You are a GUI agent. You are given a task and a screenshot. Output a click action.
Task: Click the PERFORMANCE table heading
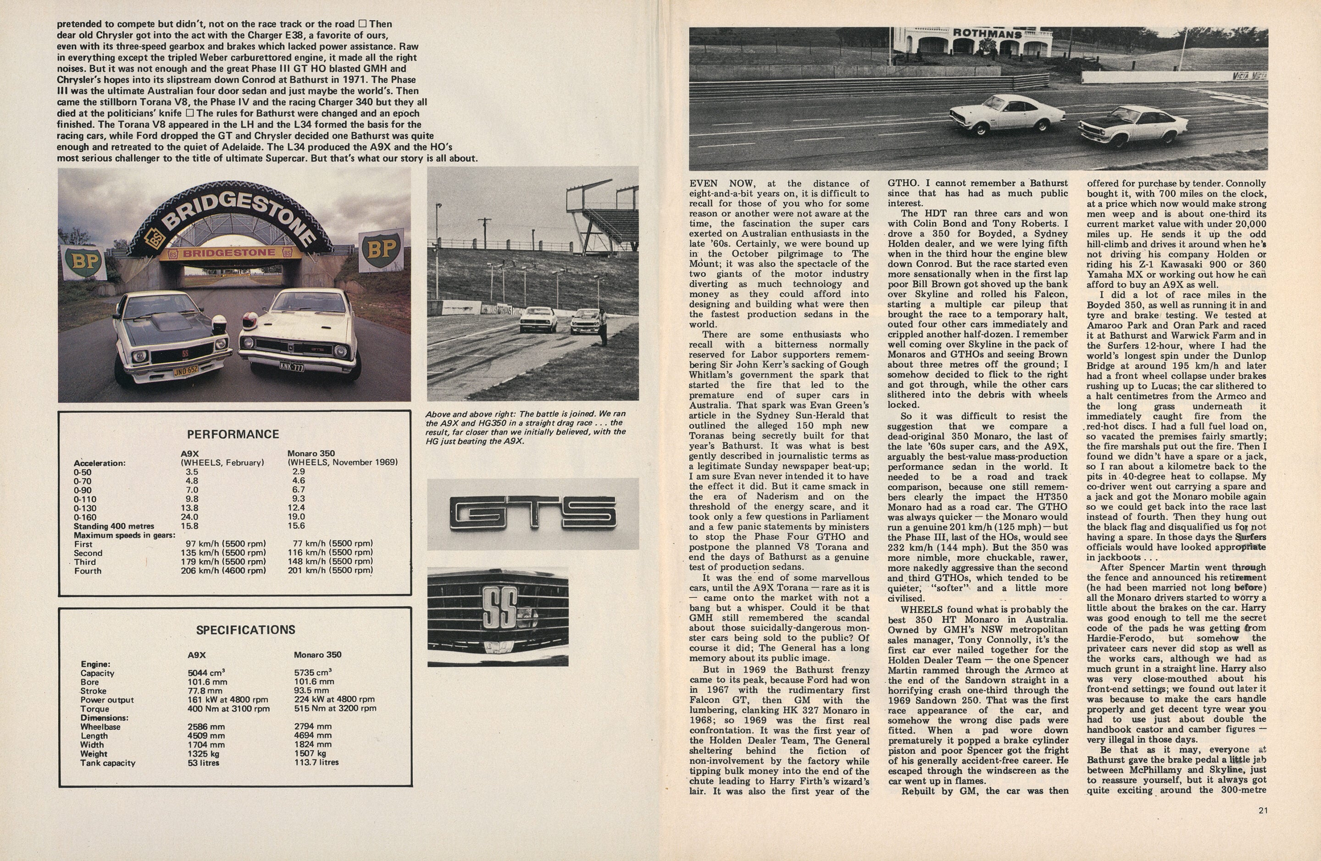click(233, 434)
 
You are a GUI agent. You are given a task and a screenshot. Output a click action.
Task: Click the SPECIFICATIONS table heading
click(245, 629)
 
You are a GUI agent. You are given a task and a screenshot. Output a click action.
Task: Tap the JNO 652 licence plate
click(185, 370)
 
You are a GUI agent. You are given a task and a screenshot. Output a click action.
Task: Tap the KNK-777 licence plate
click(291, 367)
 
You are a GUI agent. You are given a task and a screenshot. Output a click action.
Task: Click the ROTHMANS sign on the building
click(987, 33)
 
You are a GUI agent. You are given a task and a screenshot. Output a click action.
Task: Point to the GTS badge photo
click(532, 513)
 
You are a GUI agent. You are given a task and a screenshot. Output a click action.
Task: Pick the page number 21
click(1263, 811)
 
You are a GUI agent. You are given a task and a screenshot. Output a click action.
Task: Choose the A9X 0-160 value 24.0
click(189, 517)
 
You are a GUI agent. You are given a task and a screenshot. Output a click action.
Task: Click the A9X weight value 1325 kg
click(203, 753)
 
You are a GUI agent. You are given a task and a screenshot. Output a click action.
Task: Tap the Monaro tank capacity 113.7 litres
click(316, 762)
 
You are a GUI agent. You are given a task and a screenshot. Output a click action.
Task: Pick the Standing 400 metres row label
click(114, 526)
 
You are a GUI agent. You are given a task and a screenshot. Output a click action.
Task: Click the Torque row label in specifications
click(95, 709)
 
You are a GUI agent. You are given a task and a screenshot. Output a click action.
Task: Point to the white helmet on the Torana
click(220, 324)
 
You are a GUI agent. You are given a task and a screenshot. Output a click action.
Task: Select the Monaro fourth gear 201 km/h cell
click(330, 570)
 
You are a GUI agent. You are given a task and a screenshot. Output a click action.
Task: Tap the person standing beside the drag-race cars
click(602, 327)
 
